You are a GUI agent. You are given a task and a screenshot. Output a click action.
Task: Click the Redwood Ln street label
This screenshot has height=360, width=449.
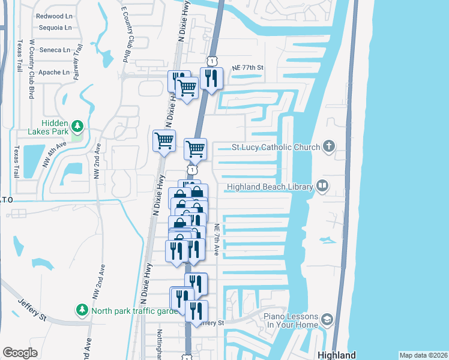coord(54,16)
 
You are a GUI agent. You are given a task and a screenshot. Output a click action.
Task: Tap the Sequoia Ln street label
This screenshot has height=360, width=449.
coord(55,28)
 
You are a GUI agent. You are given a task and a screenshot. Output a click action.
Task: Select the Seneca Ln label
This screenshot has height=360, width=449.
coord(55,50)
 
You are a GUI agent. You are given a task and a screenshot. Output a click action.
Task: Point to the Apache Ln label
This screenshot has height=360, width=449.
coord(54,72)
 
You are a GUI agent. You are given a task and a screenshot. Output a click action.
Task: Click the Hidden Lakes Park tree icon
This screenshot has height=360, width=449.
coord(77,125)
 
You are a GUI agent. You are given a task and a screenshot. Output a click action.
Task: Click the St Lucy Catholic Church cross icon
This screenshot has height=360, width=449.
coord(328,146)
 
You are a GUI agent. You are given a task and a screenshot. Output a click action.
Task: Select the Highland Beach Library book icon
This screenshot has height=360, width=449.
coord(323,186)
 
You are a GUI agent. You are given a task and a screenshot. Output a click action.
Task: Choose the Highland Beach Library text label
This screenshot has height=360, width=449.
coord(270,187)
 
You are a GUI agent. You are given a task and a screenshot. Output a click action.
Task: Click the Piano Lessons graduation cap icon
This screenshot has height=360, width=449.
coord(327,319)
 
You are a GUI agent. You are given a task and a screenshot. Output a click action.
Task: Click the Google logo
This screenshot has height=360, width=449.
coord(20,353)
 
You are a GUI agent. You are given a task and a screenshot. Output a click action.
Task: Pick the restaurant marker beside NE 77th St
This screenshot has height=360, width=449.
coord(211,79)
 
